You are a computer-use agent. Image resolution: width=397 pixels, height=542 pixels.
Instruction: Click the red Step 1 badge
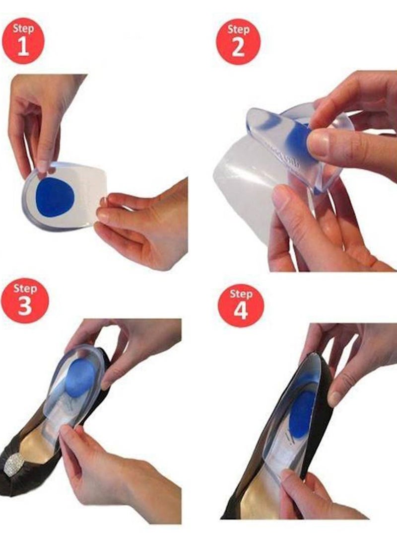coord(23,41)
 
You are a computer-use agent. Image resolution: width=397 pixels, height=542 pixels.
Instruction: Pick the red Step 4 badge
coord(241,305)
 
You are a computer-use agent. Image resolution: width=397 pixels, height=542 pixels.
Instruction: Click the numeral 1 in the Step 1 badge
coord(23,46)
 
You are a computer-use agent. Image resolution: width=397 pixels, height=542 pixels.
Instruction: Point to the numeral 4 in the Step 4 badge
coord(241,310)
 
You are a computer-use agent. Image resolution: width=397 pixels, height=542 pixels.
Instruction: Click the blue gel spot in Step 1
coord(55,197)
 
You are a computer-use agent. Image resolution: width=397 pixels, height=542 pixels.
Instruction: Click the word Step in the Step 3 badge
coord(25,289)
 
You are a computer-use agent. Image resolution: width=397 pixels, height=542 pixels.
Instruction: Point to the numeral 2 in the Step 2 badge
coord(238,47)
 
